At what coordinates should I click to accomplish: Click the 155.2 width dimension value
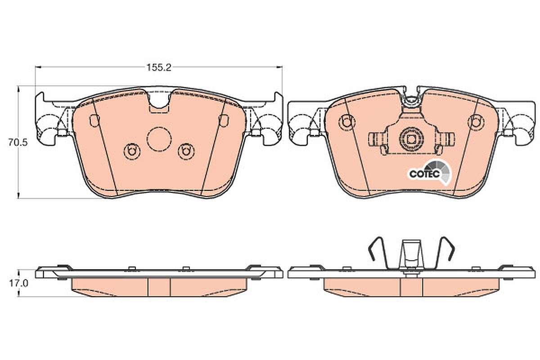click(x=159, y=68)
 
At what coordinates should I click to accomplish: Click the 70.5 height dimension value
click(x=18, y=143)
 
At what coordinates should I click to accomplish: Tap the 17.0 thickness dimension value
click(x=19, y=283)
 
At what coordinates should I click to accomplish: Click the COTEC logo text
click(x=424, y=174)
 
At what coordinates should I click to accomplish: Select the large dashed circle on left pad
click(x=159, y=139)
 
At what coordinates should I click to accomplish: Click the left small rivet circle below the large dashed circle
click(x=132, y=152)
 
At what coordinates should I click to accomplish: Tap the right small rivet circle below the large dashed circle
click(x=186, y=152)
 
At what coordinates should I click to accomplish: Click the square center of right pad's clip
click(x=411, y=139)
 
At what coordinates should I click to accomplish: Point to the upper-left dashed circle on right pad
click(x=346, y=122)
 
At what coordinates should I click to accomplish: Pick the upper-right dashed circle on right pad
click(x=476, y=122)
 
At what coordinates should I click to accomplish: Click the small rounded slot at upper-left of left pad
click(x=94, y=121)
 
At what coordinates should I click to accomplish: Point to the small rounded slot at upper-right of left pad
click(x=224, y=121)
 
